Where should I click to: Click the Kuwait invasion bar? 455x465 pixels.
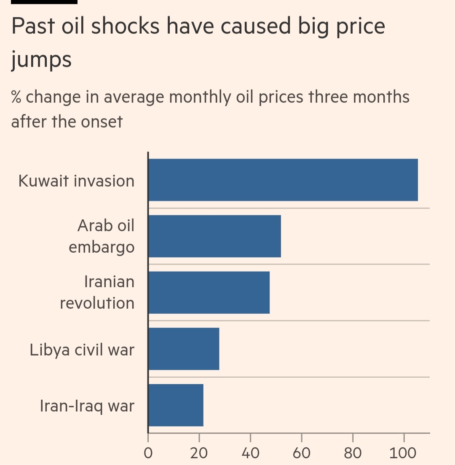283,180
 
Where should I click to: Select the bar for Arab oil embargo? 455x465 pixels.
214,236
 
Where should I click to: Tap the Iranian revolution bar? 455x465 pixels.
209,292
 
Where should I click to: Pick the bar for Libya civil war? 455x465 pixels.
184,349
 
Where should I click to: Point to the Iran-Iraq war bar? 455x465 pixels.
176,405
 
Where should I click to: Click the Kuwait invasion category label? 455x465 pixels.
76,181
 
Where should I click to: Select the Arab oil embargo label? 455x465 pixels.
102,236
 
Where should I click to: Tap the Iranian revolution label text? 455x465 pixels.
97,292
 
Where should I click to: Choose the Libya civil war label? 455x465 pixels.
82,350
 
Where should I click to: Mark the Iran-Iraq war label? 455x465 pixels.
87,406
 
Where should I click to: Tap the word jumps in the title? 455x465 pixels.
41,60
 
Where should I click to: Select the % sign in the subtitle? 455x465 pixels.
16,97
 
